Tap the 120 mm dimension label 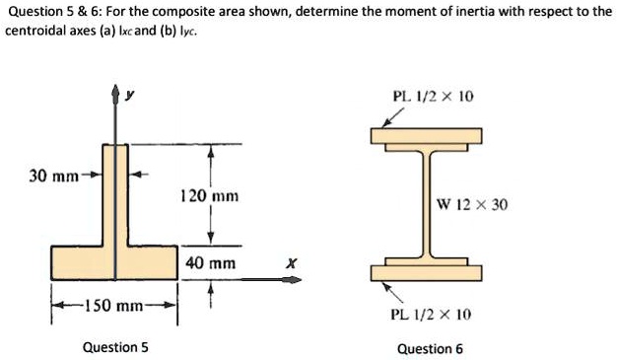[x=204, y=196]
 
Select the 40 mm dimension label [x=209, y=263]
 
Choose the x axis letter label [x=290, y=263]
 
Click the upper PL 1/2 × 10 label [x=434, y=97]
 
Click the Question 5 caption [x=115, y=347]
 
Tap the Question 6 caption [x=430, y=348]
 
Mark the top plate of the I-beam [x=427, y=135]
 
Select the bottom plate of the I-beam [x=427, y=273]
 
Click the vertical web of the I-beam [x=427, y=204]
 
